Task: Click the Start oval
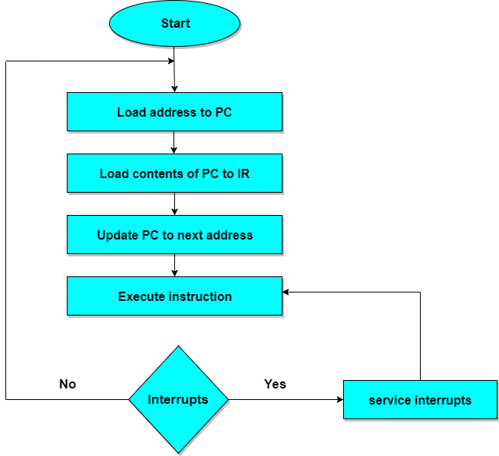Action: click(175, 23)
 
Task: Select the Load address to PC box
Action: click(175, 112)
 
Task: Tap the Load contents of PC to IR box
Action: click(175, 173)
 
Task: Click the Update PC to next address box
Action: click(175, 235)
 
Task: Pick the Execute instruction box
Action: click(175, 296)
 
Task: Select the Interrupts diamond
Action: click(178, 399)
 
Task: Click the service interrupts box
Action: click(420, 400)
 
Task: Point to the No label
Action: click(68, 384)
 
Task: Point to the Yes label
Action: click(275, 384)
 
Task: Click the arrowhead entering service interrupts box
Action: click(339, 400)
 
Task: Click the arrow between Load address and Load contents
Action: click(175, 144)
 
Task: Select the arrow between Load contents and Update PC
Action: click(175, 205)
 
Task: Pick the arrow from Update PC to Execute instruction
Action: click(175, 266)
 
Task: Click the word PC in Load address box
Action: click(223, 112)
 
